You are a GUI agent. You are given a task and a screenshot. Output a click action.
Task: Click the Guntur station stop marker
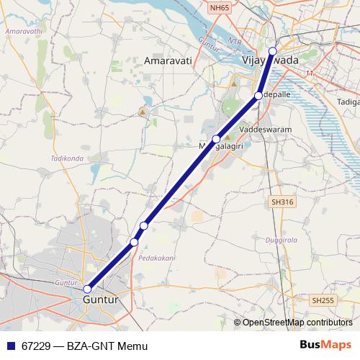[87, 289]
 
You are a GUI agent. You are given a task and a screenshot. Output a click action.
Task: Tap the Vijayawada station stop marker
[272, 50]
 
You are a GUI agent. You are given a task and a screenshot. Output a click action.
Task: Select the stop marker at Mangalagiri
[216, 139]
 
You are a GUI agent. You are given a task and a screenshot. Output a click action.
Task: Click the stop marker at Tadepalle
[258, 95]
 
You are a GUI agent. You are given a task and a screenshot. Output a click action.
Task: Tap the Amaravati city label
[168, 62]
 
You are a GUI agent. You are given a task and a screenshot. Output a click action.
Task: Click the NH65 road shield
[220, 6]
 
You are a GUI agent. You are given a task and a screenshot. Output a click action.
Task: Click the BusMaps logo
[325, 346]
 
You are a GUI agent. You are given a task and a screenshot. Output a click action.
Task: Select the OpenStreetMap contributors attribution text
[297, 323]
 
